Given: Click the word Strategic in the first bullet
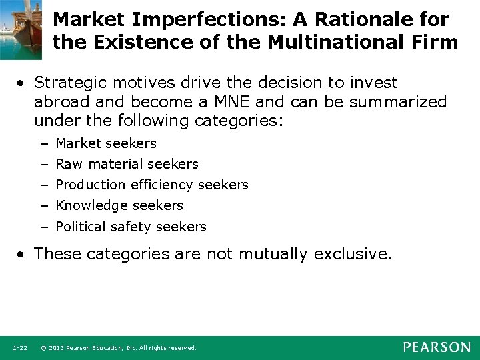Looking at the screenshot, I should click(69, 82).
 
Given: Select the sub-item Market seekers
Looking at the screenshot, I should click(106, 143).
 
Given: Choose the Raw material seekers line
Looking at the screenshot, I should click(127, 164).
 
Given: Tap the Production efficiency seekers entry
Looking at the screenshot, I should click(151, 185).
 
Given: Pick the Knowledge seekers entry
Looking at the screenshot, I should click(119, 205).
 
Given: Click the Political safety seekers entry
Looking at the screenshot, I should click(131, 227).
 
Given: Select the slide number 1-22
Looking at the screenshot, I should click(20, 348).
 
